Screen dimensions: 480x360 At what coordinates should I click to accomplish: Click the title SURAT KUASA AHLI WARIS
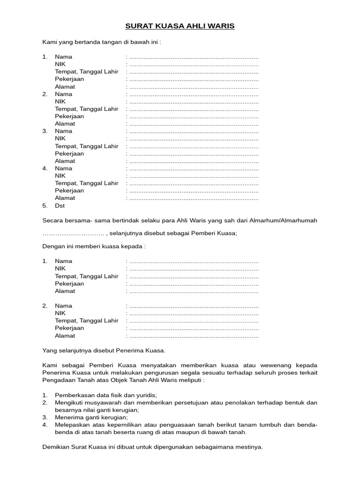(180, 26)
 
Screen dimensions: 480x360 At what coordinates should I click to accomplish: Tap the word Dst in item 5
(60, 205)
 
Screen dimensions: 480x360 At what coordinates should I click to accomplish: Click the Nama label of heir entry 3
(63, 131)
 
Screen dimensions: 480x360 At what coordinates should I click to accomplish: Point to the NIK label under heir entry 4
(60, 175)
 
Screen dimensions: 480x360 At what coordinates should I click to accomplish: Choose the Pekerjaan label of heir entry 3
(69, 153)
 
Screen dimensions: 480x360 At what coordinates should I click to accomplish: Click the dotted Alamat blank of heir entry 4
(193, 198)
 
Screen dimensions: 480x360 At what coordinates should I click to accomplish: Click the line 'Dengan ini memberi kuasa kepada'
(94, 246)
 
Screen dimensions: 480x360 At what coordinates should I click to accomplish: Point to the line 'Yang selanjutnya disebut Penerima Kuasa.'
(104, 350)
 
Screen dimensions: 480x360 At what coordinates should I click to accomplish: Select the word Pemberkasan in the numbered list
(74, 395)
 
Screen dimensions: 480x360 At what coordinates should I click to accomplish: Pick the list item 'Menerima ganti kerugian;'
(91, 417)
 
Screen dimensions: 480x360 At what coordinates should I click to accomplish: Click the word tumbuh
(268, 425)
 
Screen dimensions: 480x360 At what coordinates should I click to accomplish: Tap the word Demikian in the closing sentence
(56, 447)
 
